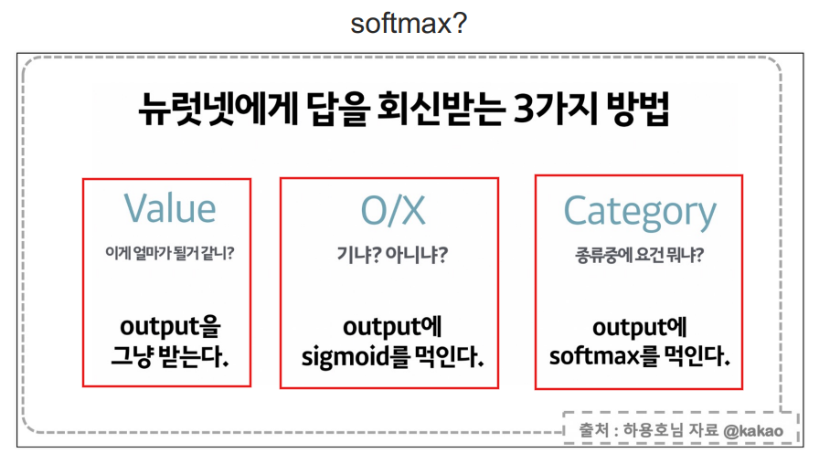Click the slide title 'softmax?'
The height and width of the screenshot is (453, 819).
point(409,24)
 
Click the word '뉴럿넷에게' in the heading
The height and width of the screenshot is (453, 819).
point(218,109)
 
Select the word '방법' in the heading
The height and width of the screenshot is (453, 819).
point(638,109)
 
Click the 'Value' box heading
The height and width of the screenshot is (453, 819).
point(170,208)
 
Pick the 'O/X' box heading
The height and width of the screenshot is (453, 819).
point(393,210)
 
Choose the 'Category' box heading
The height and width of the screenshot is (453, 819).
point(640,213)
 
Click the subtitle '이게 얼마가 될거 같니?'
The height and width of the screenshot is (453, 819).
point(170,254)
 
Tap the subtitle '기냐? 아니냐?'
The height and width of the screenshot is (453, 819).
point(392,255)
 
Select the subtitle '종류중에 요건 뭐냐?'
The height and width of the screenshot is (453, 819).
point(639,255)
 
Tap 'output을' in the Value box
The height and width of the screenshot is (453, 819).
point(170,327)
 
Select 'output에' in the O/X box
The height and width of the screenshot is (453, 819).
point(392,327)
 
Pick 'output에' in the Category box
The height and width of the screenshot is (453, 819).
point(639,328)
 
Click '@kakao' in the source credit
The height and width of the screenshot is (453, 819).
point(753,430)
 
